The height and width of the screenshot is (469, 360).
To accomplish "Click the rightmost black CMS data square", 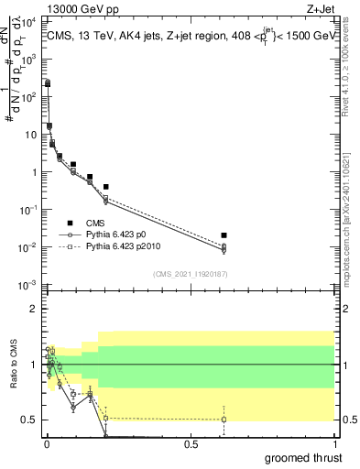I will coord(224,235).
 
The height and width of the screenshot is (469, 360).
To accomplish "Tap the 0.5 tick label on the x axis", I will coord(190,442).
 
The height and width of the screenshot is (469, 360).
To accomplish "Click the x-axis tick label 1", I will coord(333,442).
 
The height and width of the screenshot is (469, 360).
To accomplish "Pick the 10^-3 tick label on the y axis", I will coord(27,285).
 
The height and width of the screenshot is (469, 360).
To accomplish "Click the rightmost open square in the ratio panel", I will coord(224,420).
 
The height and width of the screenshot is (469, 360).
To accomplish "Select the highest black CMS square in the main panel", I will coord(48,83).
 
